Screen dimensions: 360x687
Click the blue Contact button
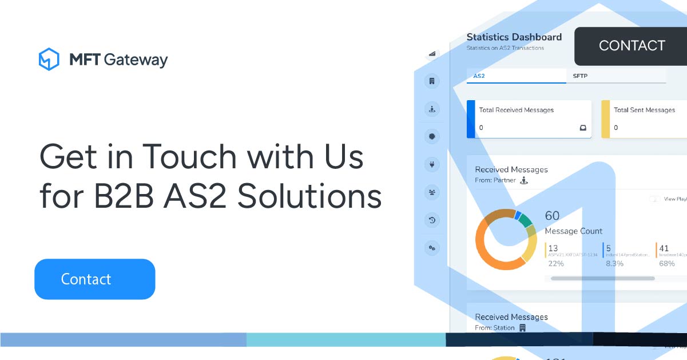click(94, 279)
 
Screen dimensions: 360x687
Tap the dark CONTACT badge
click(632, 46)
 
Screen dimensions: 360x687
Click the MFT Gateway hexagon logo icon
click(49, 60)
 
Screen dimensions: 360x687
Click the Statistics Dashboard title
click(514, 37)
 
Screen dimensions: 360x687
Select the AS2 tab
click(479, 76)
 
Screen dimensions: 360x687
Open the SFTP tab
click(580, 76)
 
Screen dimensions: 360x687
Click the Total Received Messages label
click(516, 110)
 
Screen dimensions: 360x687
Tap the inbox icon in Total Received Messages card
click(582, 128)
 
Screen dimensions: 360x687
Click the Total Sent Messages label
click(644, 110)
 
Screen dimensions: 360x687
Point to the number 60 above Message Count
click(552, 216)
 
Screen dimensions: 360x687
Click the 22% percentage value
click(555, 264)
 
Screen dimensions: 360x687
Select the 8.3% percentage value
click(614, 264)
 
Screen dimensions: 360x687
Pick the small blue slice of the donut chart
click(517, 215)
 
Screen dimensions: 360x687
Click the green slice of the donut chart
click(525, 221)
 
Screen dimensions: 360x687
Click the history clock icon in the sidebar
click(432, 220)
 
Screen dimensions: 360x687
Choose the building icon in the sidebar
click(432, 81)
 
